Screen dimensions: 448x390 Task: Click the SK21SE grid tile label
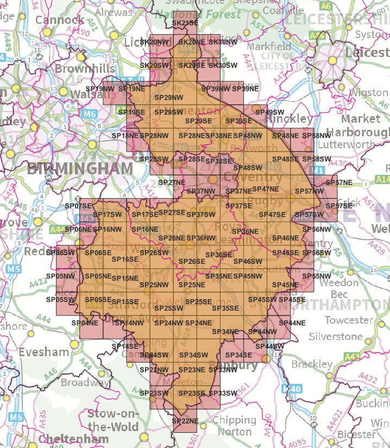(x=185, y=23)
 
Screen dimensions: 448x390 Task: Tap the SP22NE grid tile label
(x=185, y=421)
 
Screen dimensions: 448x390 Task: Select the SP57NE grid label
(x=339, y=182)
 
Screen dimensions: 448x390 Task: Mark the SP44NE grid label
(x=292, y=323)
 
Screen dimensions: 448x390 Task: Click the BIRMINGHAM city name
(x=80, y=168)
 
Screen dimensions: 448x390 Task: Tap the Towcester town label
(x=349, y=320)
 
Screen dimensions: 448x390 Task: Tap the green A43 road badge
(x=352, y=356)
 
